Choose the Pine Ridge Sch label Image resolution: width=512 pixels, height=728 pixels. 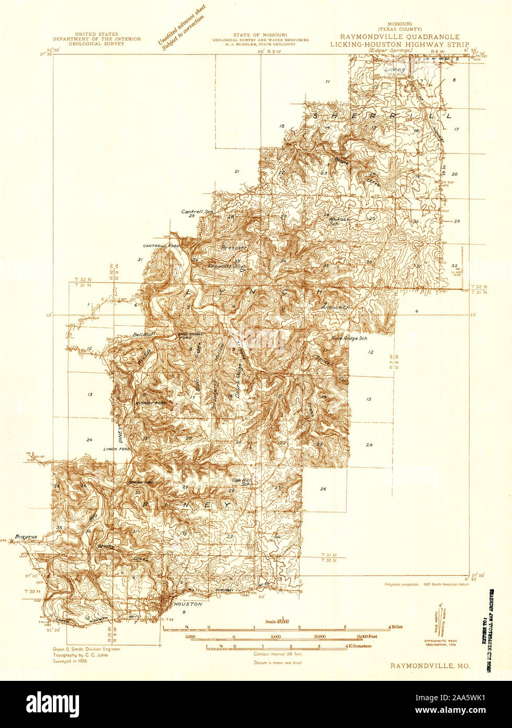point(349,339)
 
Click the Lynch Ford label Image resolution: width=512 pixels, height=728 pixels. point(116,449)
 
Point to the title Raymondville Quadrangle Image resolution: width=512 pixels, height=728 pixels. point(400,37)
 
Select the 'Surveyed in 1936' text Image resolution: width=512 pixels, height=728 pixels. point(70,661)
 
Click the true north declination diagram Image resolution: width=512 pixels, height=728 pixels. point(439,623)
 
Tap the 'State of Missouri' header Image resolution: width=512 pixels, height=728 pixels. point(260,35)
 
